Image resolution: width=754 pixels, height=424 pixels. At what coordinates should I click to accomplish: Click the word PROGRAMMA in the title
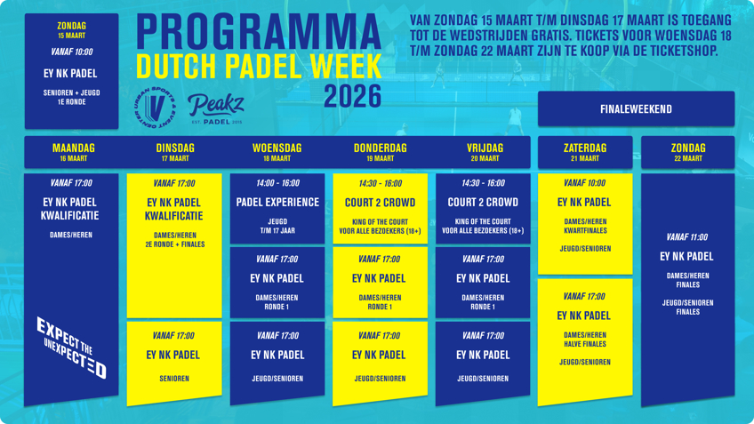click(x=259, y=32)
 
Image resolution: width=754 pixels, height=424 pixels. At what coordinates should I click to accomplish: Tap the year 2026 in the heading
click(x=352, y=96)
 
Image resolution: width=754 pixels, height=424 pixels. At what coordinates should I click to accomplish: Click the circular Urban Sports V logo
click(x=155, y=108)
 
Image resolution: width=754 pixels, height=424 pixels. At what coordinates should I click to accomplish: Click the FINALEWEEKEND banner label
click(x=636, y=109)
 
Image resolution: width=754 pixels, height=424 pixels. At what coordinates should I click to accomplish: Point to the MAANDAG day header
click(x=74, y=148)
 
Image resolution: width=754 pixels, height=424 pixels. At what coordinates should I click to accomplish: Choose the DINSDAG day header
click(x=175, y=148)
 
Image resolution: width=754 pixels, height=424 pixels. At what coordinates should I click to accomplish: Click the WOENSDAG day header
click(x=277, y=148)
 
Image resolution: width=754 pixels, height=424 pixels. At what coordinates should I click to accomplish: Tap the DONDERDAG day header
click(x=380, y=148)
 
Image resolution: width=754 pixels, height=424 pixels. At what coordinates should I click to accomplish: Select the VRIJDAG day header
click(x=485, y=148)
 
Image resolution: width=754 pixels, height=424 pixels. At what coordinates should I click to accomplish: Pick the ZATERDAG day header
click(x=585, y=148)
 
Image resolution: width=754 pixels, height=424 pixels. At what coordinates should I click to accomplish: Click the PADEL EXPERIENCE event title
click(x=277, y=203)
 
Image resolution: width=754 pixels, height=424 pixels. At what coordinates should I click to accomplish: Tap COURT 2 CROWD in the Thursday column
click(x=380, y=203)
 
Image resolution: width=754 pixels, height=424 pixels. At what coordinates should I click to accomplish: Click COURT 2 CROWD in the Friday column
click(x=483, y=203)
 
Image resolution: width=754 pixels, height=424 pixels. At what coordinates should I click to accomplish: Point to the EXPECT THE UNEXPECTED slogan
click(x=71, y=347)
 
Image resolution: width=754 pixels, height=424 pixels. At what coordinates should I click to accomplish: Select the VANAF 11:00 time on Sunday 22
click(x=686, y=237)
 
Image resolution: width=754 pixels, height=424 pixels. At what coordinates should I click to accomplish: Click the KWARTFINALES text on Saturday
click(x=585, y=231)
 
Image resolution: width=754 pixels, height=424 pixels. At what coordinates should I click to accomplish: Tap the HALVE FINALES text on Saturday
click(x=585, y=344)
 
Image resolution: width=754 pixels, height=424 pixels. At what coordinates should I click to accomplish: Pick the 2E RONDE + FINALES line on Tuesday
click(x=175, y=244)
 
